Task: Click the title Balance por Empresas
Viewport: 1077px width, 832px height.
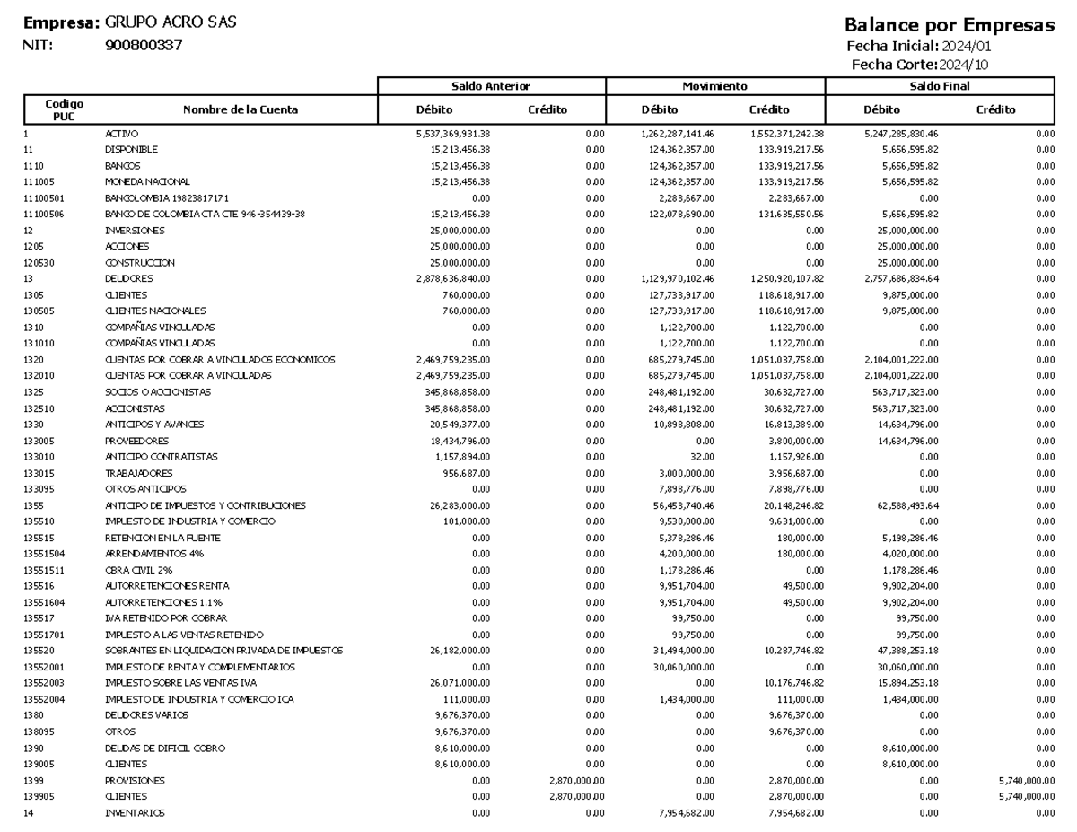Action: coord(950,26)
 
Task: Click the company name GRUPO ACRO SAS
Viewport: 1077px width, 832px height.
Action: coord(171,22)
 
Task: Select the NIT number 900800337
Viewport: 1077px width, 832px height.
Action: coord(144,45)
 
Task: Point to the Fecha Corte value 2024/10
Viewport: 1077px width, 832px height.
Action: coord(967,64)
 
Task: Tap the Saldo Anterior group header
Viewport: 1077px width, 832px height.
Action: coord(491,85)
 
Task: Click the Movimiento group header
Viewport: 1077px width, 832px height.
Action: coord(714,85)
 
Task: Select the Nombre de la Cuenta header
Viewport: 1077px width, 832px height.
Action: coord(240,109)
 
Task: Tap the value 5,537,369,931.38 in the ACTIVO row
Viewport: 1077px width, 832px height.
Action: coord(447,133)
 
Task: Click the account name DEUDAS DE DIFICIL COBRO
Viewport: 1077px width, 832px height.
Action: coord(165,747)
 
